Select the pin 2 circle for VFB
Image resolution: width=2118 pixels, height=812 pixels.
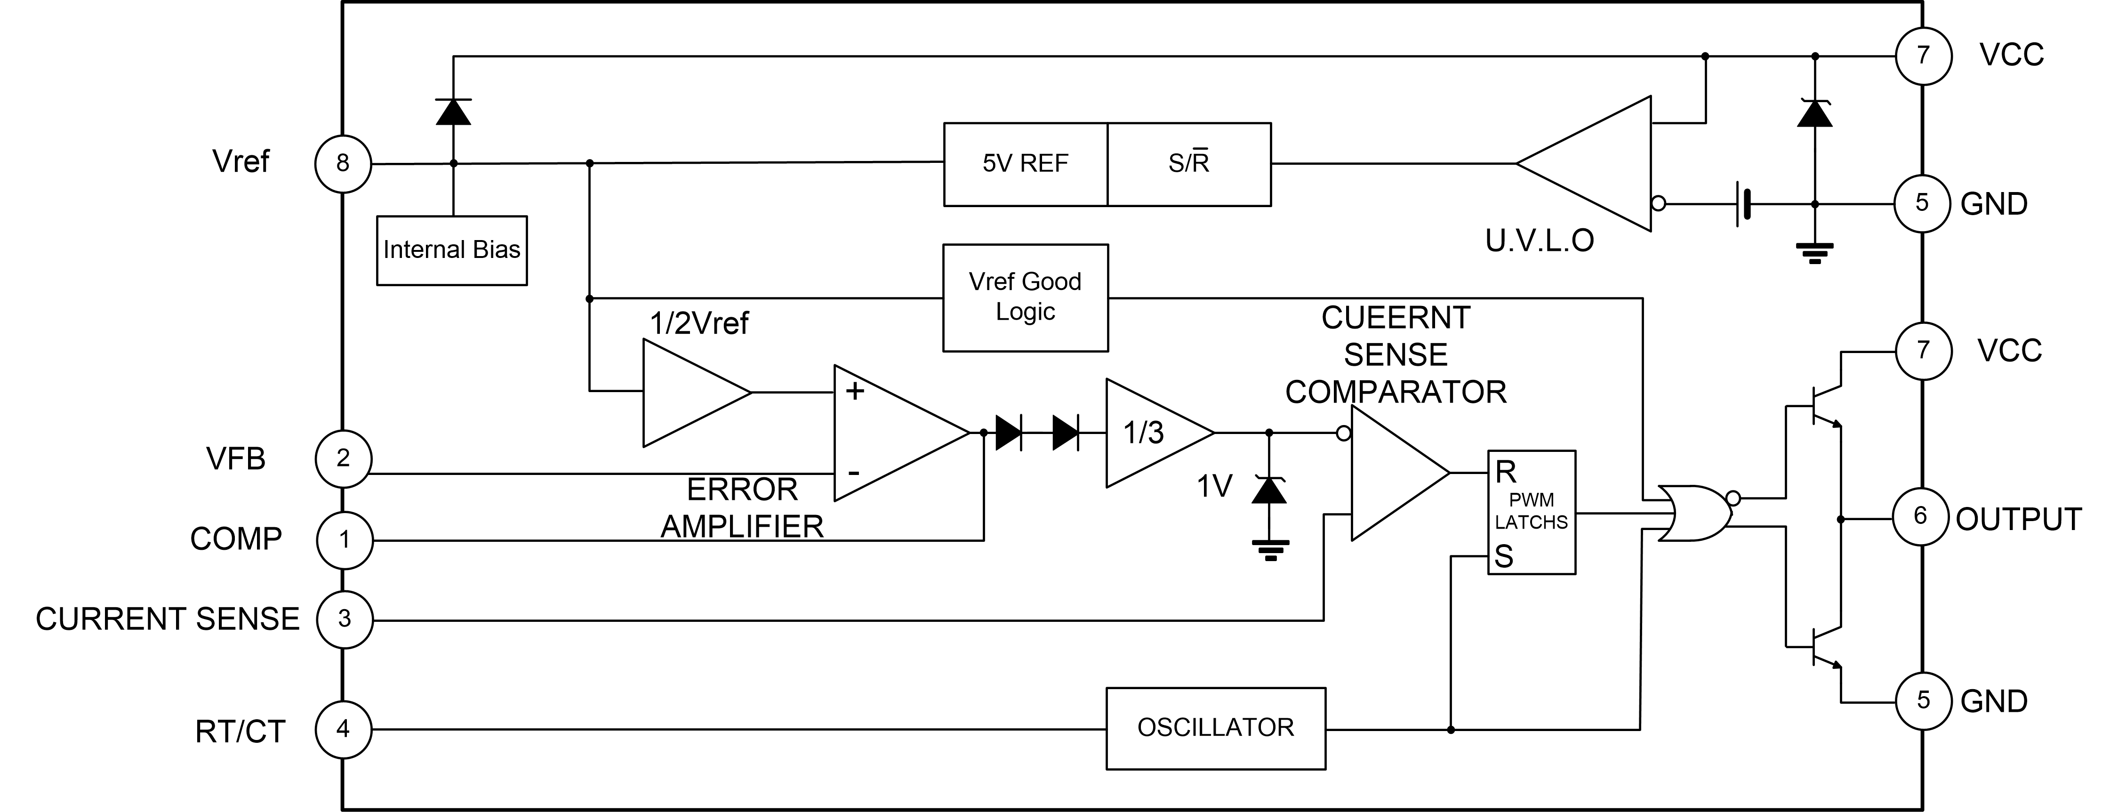point(344,458)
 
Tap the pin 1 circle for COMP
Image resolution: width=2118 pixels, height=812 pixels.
point(345,540)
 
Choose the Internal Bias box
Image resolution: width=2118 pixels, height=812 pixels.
point(451,250)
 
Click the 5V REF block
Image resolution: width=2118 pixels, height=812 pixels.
point(1025,164)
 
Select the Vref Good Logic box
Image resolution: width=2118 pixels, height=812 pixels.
point(1025,297)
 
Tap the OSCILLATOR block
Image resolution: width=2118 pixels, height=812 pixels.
point(1215,728)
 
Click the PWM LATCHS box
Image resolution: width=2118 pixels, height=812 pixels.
point(1531,512)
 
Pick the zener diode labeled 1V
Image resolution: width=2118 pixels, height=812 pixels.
point(1268,491)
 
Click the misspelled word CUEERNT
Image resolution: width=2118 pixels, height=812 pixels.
point(1395,318)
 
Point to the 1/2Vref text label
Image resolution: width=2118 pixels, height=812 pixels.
point(699,323)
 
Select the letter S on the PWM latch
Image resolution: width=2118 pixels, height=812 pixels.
point(1504,557)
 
